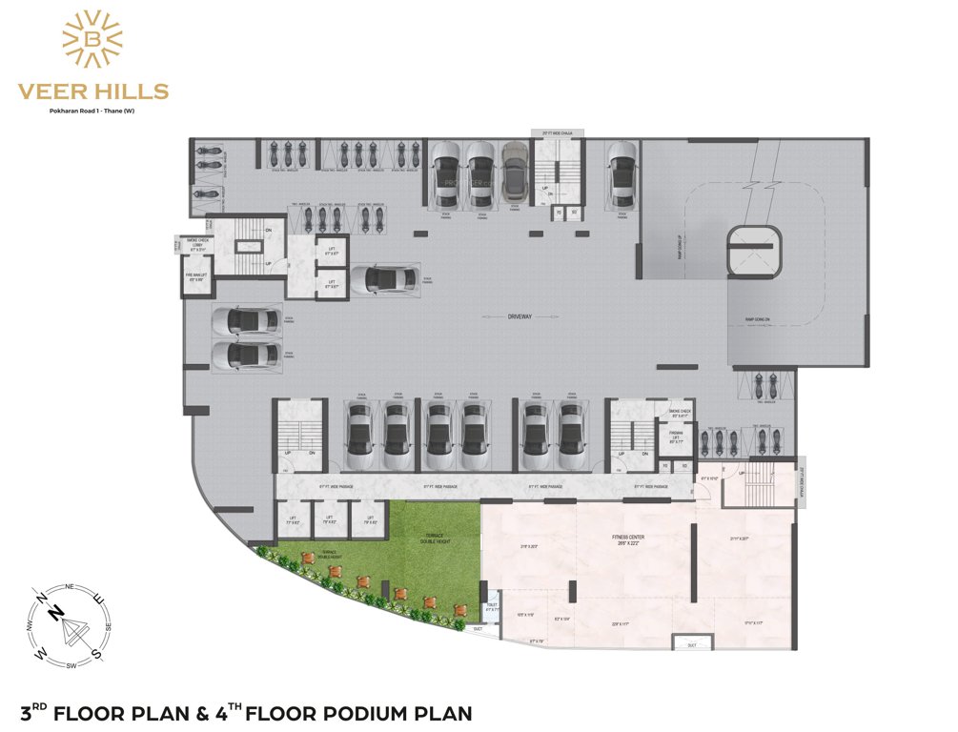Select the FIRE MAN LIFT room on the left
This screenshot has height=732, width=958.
click(195, 277)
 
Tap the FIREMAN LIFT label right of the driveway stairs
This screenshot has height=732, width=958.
click(676, 438)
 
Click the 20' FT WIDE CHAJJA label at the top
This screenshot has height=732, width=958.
click(556, 132)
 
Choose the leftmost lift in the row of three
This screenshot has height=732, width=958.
click(293, 521)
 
